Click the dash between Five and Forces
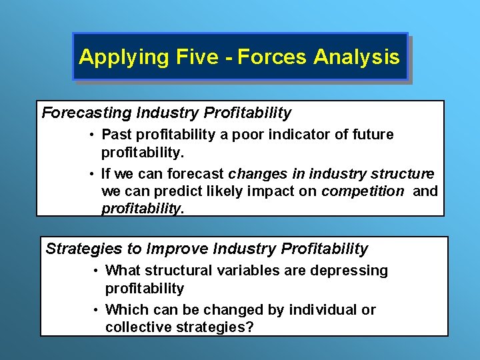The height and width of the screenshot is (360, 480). click(228, 57)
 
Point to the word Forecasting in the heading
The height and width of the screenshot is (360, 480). click(83, 113)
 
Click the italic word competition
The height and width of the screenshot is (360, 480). click(363, 192)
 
